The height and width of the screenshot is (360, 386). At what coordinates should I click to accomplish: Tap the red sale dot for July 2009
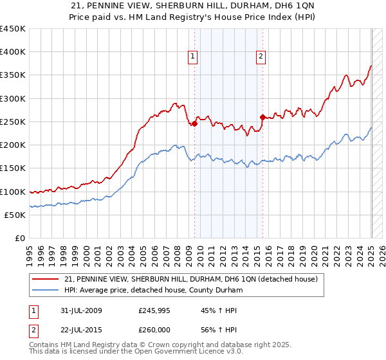[194, 124]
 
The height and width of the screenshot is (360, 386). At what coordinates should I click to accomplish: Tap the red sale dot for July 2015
[262, 117]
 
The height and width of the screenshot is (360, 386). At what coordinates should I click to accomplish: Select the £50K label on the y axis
[15, 215]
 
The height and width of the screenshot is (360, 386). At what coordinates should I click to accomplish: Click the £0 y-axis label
[20, 238]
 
